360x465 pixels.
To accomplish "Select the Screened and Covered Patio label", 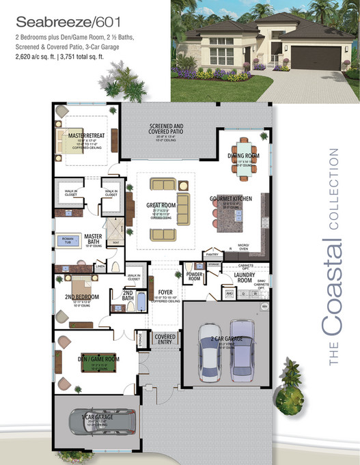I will [166, 129].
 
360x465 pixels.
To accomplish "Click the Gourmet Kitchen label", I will [231, 198].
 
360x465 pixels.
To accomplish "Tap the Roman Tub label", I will [66, 240].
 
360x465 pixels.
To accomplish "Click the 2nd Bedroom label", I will [83, 297].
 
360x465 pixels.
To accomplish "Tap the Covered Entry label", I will [165, 339].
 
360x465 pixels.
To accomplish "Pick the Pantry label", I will [211, 254].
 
